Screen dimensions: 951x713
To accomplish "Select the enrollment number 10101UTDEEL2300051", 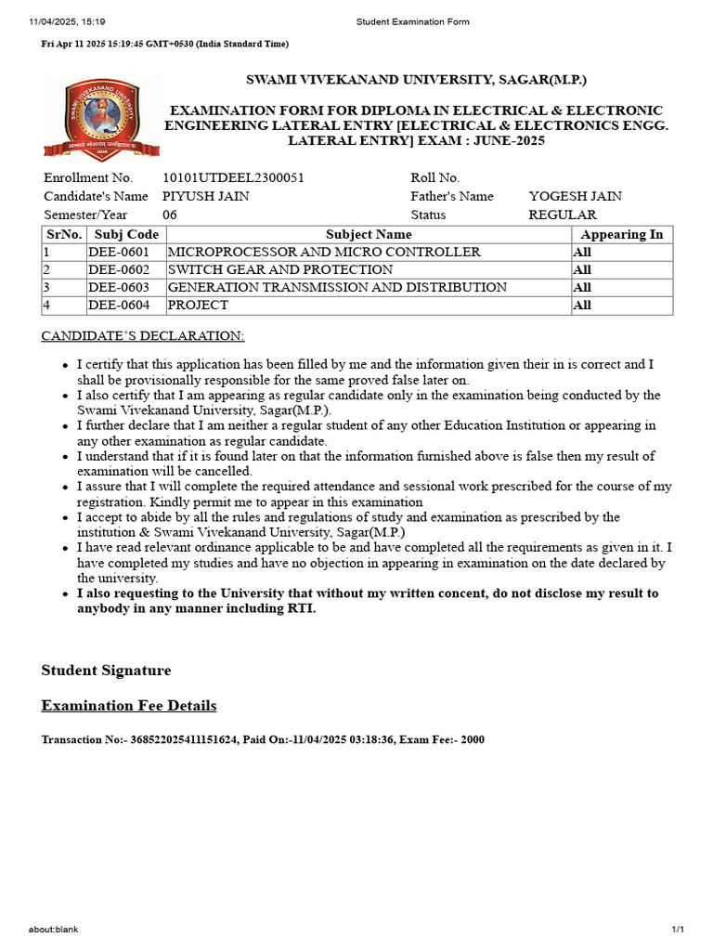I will (233, 177).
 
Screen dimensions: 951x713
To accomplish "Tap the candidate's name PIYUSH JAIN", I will (205, 196).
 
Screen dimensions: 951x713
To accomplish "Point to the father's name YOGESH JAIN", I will (575, 196).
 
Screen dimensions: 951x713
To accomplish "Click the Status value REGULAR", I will (563, 215).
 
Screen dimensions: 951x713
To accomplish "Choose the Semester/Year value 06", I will (170, 215).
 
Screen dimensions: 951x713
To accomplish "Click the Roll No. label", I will (435, 177).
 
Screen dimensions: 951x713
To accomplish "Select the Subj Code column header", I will (126, 235).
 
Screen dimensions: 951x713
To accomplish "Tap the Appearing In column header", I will (621, 235).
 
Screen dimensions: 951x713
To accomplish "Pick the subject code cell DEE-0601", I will (119, 253).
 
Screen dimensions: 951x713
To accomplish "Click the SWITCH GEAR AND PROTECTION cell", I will (279, 270).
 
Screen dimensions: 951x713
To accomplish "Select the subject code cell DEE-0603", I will (119, 288).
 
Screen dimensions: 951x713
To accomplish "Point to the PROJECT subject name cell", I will (198, 306).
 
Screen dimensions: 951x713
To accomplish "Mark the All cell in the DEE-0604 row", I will (582, 306).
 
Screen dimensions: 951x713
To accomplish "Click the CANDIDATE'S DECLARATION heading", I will (143, 335).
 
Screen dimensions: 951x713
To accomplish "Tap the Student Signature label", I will (106, 671).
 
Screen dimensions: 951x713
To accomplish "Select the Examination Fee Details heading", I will (129, 706).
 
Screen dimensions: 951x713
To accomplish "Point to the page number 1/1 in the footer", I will (678, 930).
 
